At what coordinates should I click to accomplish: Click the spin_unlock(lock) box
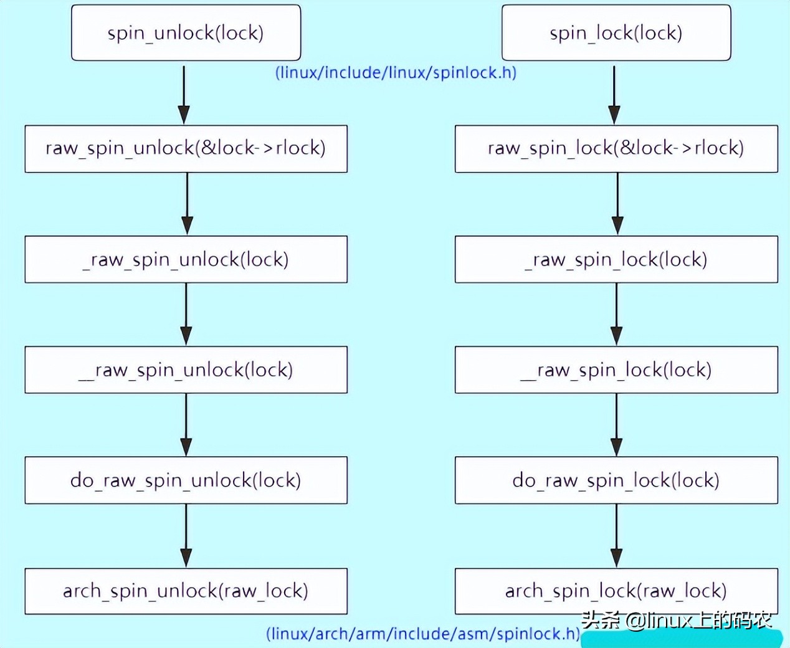click(x=186, y=32)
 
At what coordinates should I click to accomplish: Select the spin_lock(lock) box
click(x=616, y=32)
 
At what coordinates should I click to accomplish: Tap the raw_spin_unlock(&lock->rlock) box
click(x=186, y=149)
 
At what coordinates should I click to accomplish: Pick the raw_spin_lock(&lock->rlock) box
click(x=616, y=149)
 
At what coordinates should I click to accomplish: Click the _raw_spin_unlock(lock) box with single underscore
click(x=186, y=259)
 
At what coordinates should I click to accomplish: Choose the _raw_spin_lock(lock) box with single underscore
click(x=616, y=259)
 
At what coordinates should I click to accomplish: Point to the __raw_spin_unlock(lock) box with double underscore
click(x=186, y=369)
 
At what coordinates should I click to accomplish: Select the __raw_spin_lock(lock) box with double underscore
click(x=616, y=369)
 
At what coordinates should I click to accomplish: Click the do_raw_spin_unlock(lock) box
click(x=186, y=480)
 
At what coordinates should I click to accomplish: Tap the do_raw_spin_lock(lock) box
click(x=616, y=480)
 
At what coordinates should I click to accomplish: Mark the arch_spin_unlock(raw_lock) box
click(x=186, y=591)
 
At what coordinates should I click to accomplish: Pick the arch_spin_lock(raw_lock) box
click(x=616, y=591)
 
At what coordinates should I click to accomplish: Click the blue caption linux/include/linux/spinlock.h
click(x=396, y=72)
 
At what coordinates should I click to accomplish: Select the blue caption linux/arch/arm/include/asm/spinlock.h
click(x=423, y=634)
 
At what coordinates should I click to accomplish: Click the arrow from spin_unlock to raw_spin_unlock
click(x=184, y=95)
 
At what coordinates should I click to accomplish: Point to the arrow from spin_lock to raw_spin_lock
click(x=614, y=95)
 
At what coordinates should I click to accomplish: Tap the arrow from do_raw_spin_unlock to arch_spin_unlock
click(x=186, y=536)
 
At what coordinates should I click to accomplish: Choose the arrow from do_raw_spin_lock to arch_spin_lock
click(x=617, y=536)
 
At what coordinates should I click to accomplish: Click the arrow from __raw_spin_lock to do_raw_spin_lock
click(x=617, y=425)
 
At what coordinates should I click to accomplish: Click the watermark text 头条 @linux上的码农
click(x=677, y=621)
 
